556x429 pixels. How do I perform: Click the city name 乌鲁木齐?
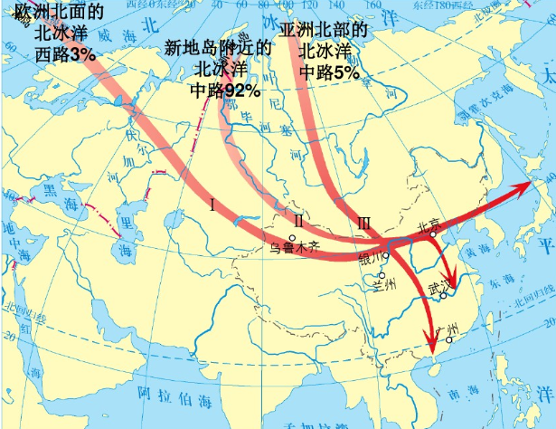(x=295, y=245)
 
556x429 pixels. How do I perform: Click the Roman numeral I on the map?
(x=212, y=204)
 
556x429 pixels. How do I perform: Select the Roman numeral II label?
(x=298, y=219)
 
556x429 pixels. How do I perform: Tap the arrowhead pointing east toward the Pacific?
(x=523, y=186)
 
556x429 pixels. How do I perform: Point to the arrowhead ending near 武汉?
(x=449, y=278)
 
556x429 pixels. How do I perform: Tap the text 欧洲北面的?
(x=53, y=13)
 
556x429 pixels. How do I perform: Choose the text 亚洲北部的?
(x=325, y=30)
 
